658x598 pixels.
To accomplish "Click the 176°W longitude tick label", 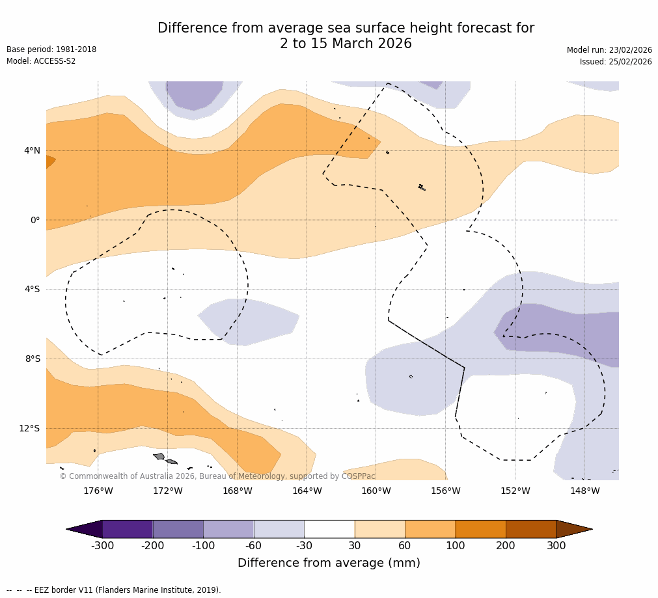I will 98,491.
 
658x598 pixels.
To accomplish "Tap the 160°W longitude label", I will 376,491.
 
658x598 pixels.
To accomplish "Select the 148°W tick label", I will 584,491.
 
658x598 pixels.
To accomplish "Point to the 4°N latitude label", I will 32,151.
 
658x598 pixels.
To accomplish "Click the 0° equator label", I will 35,221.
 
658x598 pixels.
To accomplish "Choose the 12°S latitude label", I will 29,428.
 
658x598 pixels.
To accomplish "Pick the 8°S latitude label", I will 33,359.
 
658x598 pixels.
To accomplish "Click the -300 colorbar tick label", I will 102,546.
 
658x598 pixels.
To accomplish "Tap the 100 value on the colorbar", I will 455,546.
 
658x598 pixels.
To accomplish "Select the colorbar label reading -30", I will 304,546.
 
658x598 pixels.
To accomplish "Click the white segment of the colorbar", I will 329,529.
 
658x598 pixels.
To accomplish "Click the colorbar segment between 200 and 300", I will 530,529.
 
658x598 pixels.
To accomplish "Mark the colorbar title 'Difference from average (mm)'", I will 329,563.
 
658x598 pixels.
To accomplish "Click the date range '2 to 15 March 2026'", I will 346,44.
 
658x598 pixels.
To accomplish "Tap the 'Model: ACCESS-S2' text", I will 41,61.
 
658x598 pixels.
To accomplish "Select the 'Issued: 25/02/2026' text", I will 615,62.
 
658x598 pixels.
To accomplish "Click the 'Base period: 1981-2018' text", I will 51,49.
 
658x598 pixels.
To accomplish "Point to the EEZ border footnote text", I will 114,590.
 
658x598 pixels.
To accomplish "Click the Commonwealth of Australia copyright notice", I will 217,476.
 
